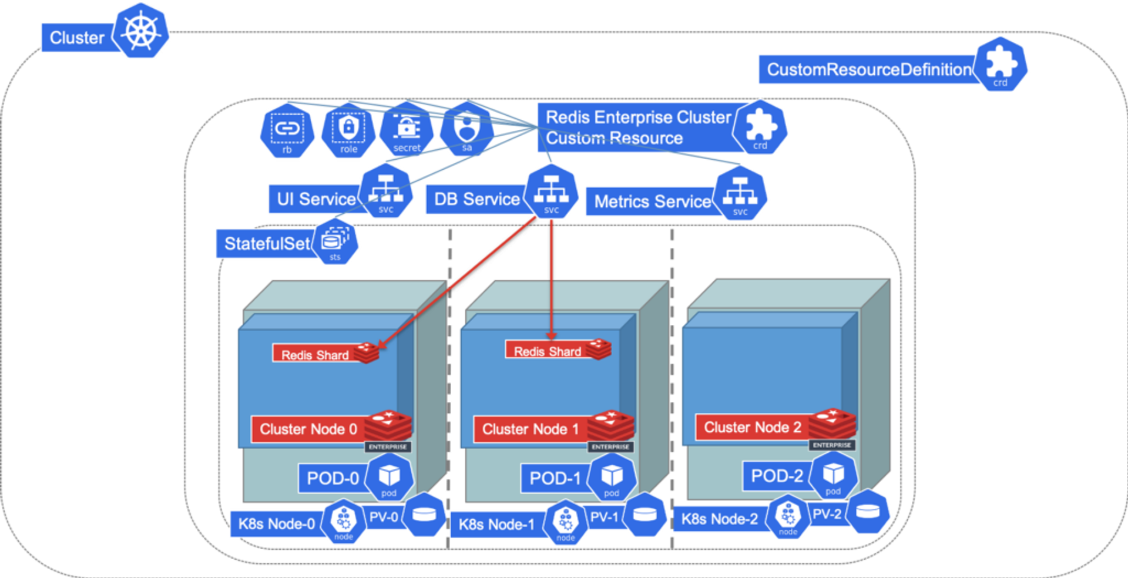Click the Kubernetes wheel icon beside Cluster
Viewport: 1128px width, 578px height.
pyautogui.click(x=141, y=31)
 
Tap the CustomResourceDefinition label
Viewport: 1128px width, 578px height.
pyautogui.click(x=868, y=69)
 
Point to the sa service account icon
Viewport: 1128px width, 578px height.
pyautogui.click(x=467, y=128)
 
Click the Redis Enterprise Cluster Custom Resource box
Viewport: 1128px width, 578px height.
pyautogui.click(x=637, y=127)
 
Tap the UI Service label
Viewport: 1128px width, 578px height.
pyautogui.click(x=315, y=199)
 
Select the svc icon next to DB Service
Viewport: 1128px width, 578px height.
pyautogui.click(x=551, y=192)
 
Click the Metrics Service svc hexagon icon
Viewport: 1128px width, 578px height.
pyautogui.click(x=740, y=194)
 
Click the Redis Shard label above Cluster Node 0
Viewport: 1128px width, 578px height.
pyautogui.click(x=315, y=354)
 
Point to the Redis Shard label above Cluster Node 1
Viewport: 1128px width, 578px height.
pyautogui.click(x=547, y=351)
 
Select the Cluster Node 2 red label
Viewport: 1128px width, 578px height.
pyautogui.click(x=752, y=427)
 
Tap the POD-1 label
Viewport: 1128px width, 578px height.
pyautogui.click(x=555, y=478)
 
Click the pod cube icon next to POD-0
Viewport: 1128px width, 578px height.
pyautogui.click(x=389, y=477)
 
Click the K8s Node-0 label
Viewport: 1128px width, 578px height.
pyautogui.click(x=277, y=523)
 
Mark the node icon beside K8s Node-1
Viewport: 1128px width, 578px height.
pyautogui.click(x=565, y=521)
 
